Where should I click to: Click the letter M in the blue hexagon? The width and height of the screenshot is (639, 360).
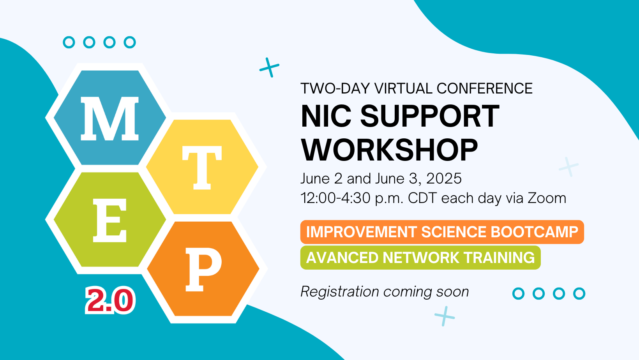click(x=110, y=119)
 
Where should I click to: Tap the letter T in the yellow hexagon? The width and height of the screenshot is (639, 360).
click(x=202, y=168)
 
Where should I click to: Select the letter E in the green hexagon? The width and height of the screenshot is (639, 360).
click(x=110, y=220)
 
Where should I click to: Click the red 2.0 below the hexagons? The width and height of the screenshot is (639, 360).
click(x=110, y=300)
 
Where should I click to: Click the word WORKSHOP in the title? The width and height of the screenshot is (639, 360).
click(x=389, y=150)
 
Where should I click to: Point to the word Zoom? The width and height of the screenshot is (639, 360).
click(x=547, y=198)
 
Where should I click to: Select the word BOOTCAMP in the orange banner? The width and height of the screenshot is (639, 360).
click(x=534, y=232)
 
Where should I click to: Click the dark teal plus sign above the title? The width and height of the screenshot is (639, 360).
click(x=269, y=68)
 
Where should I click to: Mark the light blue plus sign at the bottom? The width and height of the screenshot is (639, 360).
click(x=445, y=316)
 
